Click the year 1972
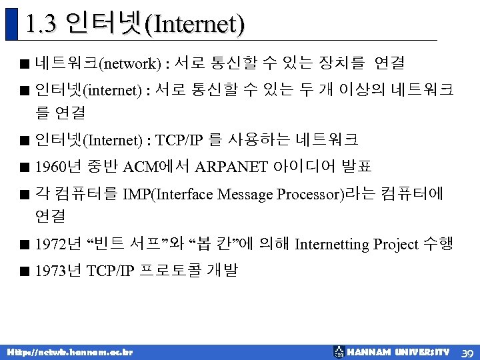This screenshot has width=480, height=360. (49, 245)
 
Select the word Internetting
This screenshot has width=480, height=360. (331, 245)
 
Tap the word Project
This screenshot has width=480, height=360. (395, 245)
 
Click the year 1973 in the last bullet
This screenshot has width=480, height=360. (49, 271)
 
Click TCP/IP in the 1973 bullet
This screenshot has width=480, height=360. (110, 271)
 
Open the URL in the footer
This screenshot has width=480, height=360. (70, 352)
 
